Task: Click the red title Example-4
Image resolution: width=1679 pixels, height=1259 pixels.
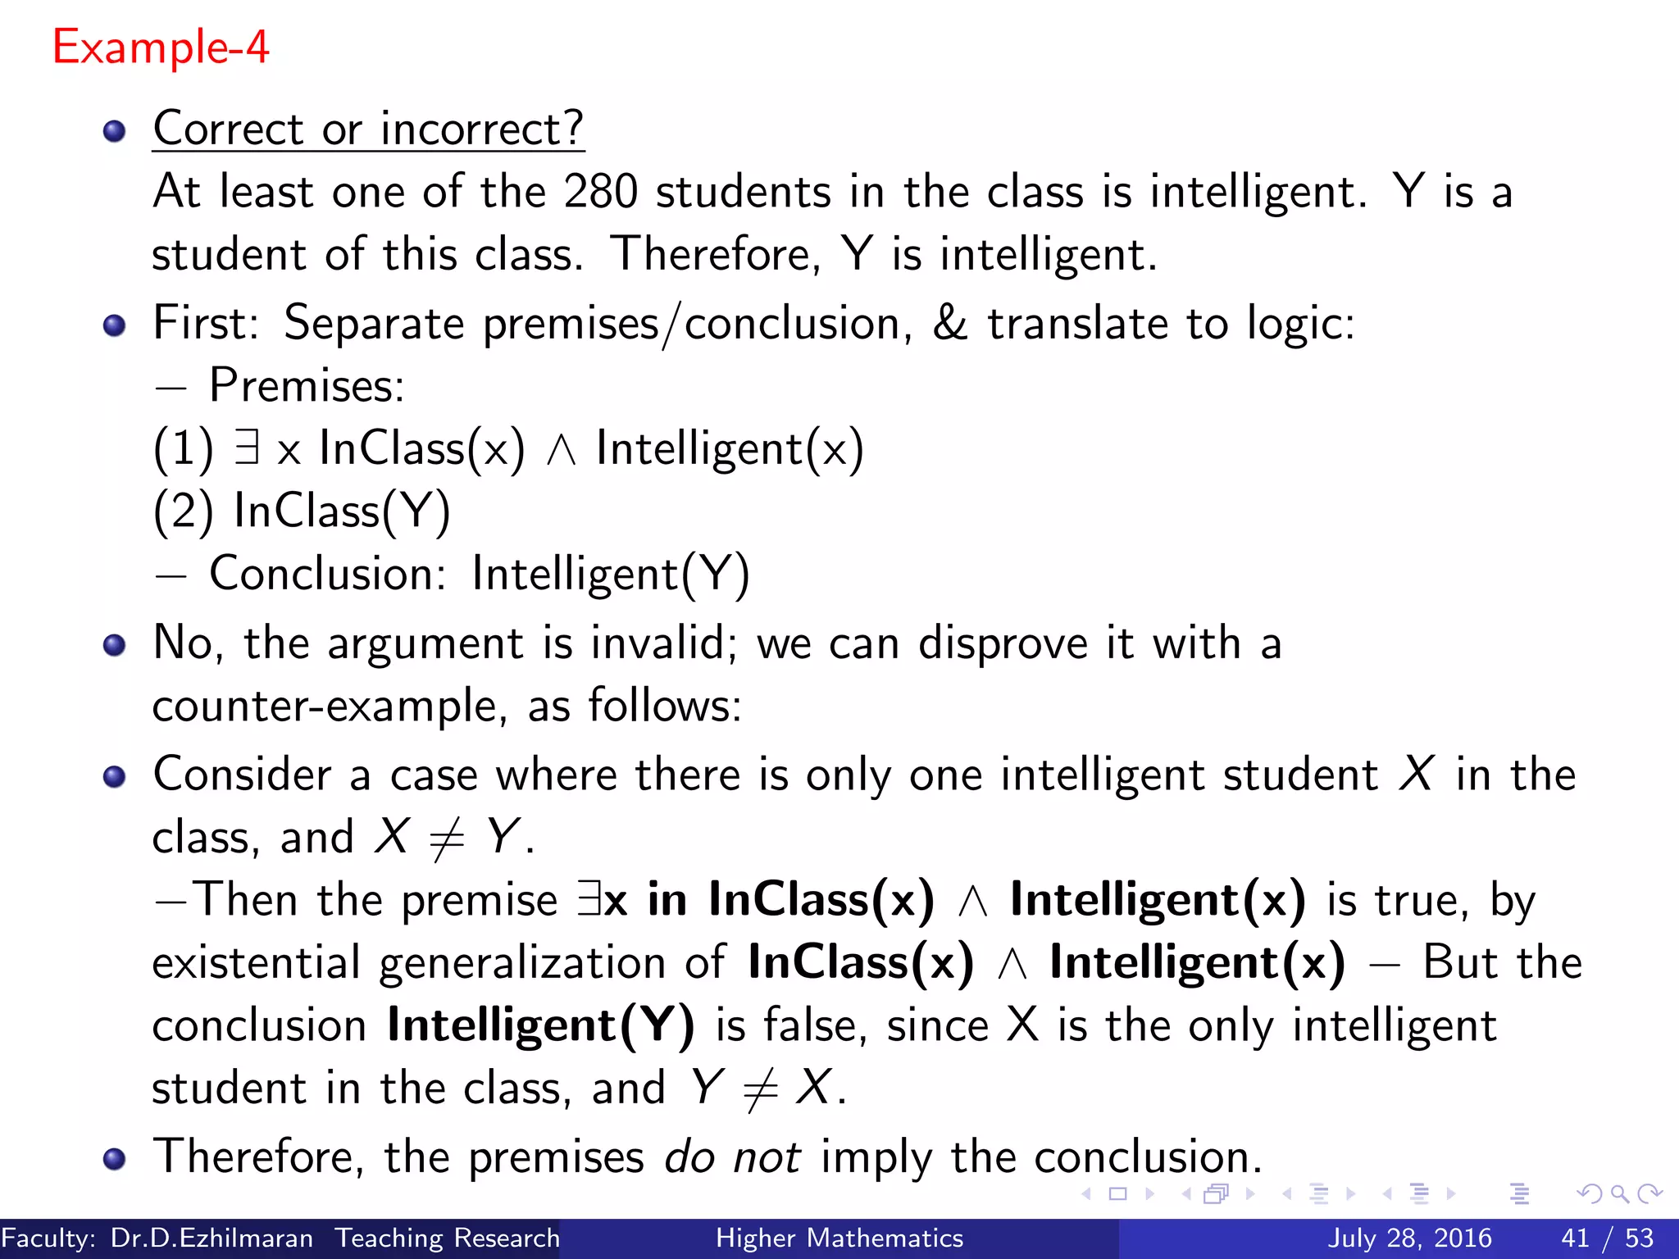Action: [x=161, y=48]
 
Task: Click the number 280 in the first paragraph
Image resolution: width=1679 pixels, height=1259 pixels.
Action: [x=600, y=192]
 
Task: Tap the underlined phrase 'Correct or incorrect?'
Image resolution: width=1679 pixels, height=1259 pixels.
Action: [x=368, y=130]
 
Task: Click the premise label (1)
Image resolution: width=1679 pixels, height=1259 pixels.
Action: [x=183, y=449]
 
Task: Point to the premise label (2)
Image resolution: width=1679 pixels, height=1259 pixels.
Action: [x=183, y=511]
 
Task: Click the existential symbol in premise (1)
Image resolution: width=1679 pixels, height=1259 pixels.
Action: [x=247, y=448]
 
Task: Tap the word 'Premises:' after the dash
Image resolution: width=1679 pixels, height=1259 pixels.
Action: [x=307, y=385]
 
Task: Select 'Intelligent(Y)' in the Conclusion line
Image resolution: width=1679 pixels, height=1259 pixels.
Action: [x=611, y=574]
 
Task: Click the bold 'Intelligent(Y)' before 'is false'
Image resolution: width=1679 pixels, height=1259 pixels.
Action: [x=540, y=1025]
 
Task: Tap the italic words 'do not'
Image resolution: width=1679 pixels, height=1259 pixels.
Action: [x=732, y=1157]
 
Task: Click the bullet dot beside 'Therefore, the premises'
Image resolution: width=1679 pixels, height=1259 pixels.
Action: [x=115, y=1158]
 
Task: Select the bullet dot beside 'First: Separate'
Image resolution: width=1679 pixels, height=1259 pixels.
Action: [x=115, y=325]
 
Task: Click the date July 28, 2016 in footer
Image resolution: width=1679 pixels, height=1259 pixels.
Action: [x=1409, y=1238]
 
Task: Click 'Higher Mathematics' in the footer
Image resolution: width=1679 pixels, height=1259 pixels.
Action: [x=839, y=1238]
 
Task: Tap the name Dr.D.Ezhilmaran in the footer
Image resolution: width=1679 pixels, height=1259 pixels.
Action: [x=212, y=1238]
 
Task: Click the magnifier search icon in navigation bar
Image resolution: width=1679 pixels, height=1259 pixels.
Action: [x=1619, y=1193]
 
